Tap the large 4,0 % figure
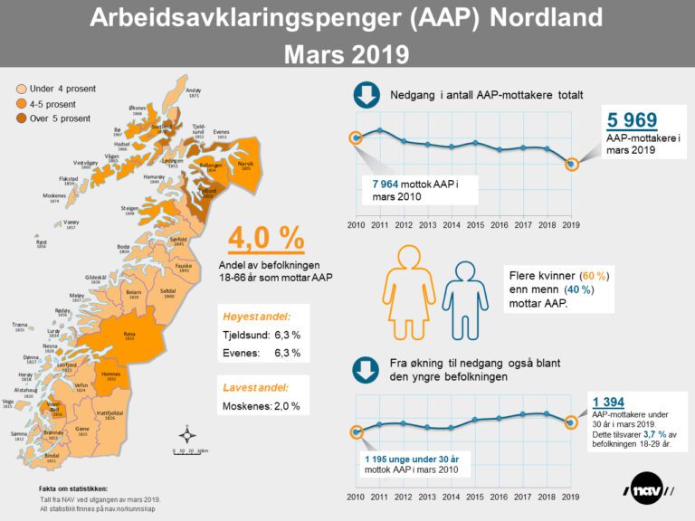point(265,238)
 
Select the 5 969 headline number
point(633,120)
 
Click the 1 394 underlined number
point(609,403)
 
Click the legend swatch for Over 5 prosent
point(20,118)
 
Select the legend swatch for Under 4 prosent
point(20,89)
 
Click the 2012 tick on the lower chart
point(403,497)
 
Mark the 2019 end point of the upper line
point(570,164)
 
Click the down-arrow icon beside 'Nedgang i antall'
point(366,95)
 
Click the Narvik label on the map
point(244,165)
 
